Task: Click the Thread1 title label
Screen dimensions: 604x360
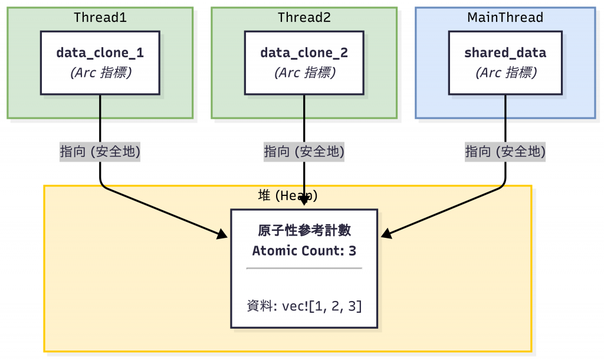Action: pyautogui.click(x=100, y=17)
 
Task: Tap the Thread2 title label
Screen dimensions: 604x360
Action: pyautogui.click(x=304, y=17)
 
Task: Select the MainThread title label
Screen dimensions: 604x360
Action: pyautogui.click(x=505, y=17)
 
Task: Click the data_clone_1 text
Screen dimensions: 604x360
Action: pyautogui.click(x=100, y=53)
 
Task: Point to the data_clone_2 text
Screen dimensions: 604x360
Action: pyautogui.click(x=304, y=53)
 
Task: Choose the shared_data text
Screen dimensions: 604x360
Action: pyautogui.click(x=505, y=53)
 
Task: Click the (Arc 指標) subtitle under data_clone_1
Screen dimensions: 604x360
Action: pyautogui.click(x=101, y=73)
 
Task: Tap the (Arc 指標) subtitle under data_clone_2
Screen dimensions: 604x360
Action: pyautogui.click(x=305, y=73)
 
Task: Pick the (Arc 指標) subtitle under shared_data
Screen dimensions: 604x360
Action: pyautogui.click(x=506, y=73)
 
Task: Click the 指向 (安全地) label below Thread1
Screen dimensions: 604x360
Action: pyautogui.click(x=100, y=152)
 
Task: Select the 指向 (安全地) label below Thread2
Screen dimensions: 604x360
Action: pyautogui.click(x=304, y=152)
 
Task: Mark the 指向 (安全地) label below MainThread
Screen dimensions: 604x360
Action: pyautogui.click(x=505, y=152)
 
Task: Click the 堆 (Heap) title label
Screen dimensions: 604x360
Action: pyautogui.click(x=288, y=195)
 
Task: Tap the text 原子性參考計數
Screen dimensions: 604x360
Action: pyautogui.click(x=304, y=231)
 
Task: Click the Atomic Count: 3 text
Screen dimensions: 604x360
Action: pyautogui.click(x=304, y=251)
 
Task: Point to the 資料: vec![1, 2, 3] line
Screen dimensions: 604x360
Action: pyautogui.click(x=304, y=306)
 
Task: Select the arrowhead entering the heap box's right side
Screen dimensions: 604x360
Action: pyautogui.click(x=386, y=234)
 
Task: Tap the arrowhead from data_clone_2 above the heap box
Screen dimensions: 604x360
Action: pyautogui.click(x=304, y=199)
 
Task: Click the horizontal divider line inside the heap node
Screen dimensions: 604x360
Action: pyautogui.click(x=304, y=268)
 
